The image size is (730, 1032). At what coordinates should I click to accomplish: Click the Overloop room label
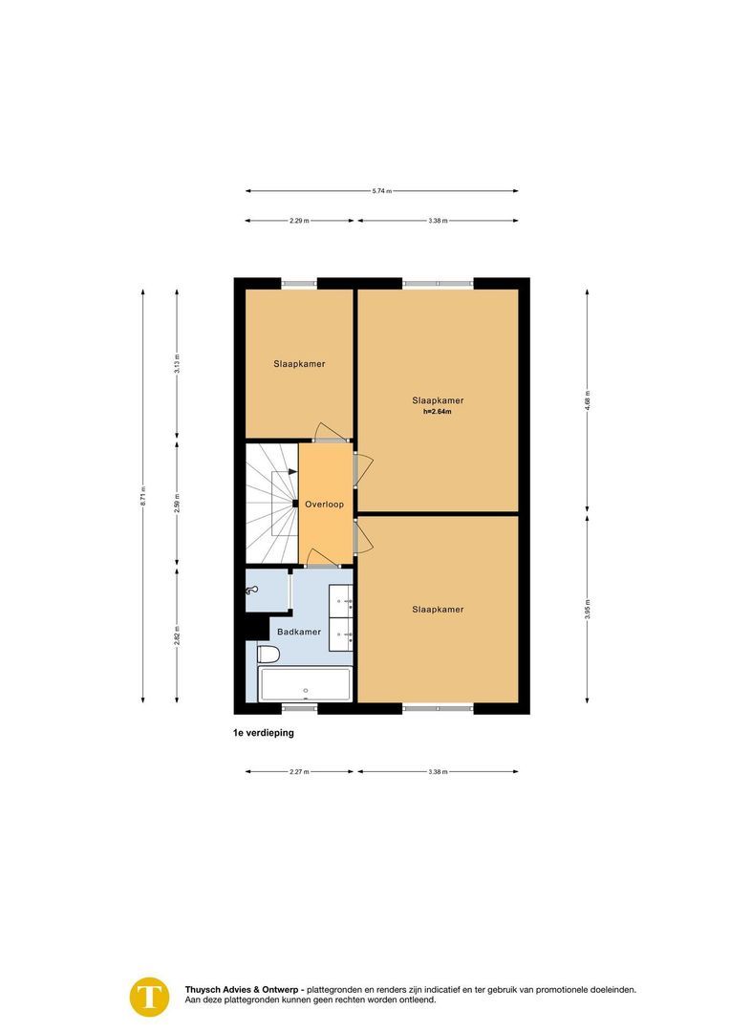point(324,504)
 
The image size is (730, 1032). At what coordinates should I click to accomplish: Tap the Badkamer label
point(299,632)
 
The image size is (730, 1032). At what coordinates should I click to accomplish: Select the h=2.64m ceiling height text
point(438,412)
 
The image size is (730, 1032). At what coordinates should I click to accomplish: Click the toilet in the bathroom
point(268,654)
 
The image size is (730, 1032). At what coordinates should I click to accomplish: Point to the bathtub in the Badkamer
point(305,685)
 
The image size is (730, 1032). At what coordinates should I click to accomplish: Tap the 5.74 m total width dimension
point(381,191)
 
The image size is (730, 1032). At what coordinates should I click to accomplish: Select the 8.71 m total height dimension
point(143,495)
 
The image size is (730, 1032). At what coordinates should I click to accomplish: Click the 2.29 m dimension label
point(299,221)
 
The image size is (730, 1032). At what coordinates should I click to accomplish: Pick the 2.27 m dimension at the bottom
point(299,771)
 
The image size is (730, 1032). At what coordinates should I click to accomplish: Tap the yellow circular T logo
point(149,996)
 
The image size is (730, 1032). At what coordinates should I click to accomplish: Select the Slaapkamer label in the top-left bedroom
point(299,364)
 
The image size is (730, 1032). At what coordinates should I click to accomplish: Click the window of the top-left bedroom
point(299,283)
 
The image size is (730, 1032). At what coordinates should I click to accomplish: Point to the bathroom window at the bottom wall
point(299,708)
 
